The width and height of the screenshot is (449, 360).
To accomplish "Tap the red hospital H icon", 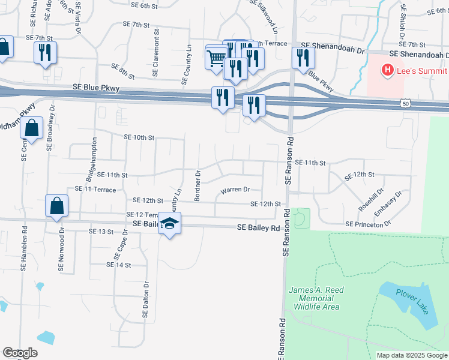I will click(388, 70).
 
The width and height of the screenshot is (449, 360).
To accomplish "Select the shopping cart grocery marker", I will click(216, 58).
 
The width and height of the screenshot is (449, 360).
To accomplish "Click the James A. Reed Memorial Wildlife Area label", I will click(316, 298).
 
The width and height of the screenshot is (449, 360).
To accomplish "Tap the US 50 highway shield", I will click(406, 104).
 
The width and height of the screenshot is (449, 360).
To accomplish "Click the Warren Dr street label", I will click(235, 190).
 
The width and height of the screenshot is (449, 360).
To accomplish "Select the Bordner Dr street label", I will click(196, 185).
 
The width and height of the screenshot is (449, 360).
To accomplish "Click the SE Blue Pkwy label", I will click(96, 88).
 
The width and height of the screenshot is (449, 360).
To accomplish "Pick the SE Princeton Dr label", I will click(368, 224).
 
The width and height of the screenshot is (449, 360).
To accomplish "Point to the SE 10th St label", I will click(139, 137).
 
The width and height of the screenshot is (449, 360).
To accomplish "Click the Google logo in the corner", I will click(19, 353).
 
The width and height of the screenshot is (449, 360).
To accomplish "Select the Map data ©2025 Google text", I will click(412, 355).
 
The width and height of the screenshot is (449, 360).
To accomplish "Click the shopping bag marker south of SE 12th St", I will click(56, 205).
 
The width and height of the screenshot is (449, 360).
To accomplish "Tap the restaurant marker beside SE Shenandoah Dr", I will click(302, 58).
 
